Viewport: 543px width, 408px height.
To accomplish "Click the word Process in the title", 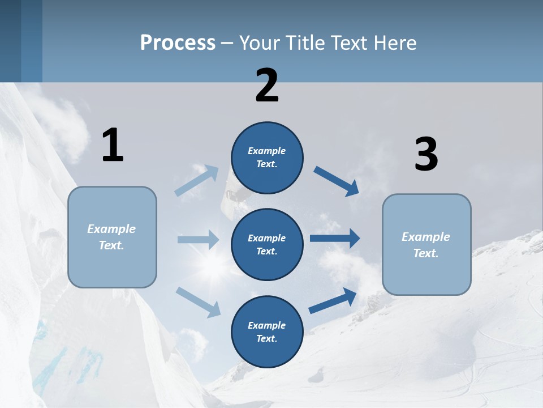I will [x=178, y=43].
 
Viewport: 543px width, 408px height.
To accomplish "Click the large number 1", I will [x=113, y=146].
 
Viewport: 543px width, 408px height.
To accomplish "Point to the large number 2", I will [x=267, y=86].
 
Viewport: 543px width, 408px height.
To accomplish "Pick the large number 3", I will [x=426, y=155].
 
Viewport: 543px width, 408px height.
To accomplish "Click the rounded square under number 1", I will [x=112, y=237].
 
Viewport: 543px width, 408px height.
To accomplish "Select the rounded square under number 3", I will [x=426, y=244].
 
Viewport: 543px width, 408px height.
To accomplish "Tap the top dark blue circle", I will [x=267, y=158].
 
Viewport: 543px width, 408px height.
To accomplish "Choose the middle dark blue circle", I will [x=267, y=244].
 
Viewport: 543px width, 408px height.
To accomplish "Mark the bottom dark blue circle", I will [x=267, y=331].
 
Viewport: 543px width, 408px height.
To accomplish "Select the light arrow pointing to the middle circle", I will [x=198, y=240].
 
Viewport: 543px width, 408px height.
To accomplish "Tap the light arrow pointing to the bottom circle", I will [x=198, y=301].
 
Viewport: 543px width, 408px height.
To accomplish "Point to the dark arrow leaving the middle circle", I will [x=335, y=239].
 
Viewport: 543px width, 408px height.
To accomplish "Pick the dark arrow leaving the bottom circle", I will [x=333, y=301].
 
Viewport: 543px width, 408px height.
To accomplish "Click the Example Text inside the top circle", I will [x=267, y=158].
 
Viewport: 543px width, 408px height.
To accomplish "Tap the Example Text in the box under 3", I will [x=426, y=245].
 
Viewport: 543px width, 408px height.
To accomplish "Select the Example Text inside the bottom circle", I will [x=267, y=332].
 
